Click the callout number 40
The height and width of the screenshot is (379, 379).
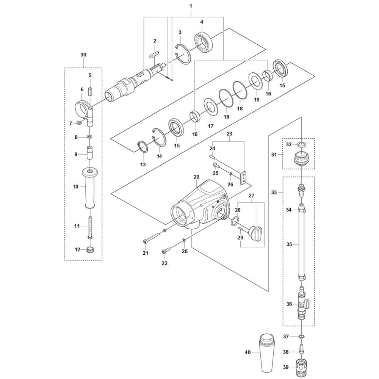point(247,352)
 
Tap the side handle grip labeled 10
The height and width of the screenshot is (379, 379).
point(90,188)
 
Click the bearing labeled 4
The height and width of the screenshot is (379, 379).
point(204,40)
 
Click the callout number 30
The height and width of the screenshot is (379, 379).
point(83,55)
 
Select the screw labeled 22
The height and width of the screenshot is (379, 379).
point(167,250)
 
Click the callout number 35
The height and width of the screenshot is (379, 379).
point(289,244)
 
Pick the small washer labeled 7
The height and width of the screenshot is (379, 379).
point(79,123)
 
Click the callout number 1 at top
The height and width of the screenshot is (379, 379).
point(191,6)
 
